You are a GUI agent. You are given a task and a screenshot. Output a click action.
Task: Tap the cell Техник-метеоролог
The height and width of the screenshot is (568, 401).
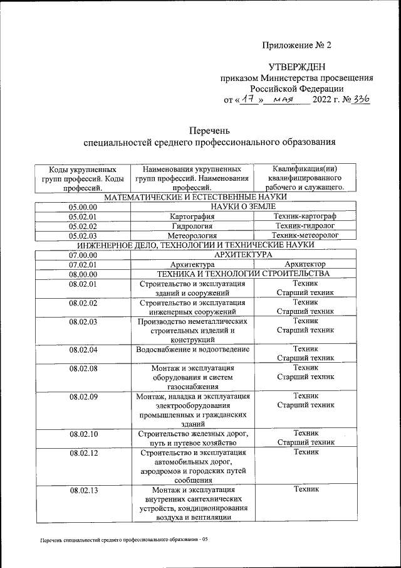pos(305,235)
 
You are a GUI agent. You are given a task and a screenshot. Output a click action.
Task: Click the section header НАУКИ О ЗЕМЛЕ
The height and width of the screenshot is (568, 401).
pos(243,206)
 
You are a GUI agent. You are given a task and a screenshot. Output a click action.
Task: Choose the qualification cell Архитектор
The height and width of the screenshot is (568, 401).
pos(305,265)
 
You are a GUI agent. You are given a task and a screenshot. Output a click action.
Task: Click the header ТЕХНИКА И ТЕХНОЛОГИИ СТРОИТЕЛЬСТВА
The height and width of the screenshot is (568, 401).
pos(243,274)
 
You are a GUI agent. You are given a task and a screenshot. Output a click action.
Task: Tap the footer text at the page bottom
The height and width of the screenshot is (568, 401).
pos(123,540)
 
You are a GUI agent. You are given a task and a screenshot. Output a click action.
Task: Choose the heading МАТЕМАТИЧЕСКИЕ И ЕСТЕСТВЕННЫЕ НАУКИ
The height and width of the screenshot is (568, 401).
pos(194,197)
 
